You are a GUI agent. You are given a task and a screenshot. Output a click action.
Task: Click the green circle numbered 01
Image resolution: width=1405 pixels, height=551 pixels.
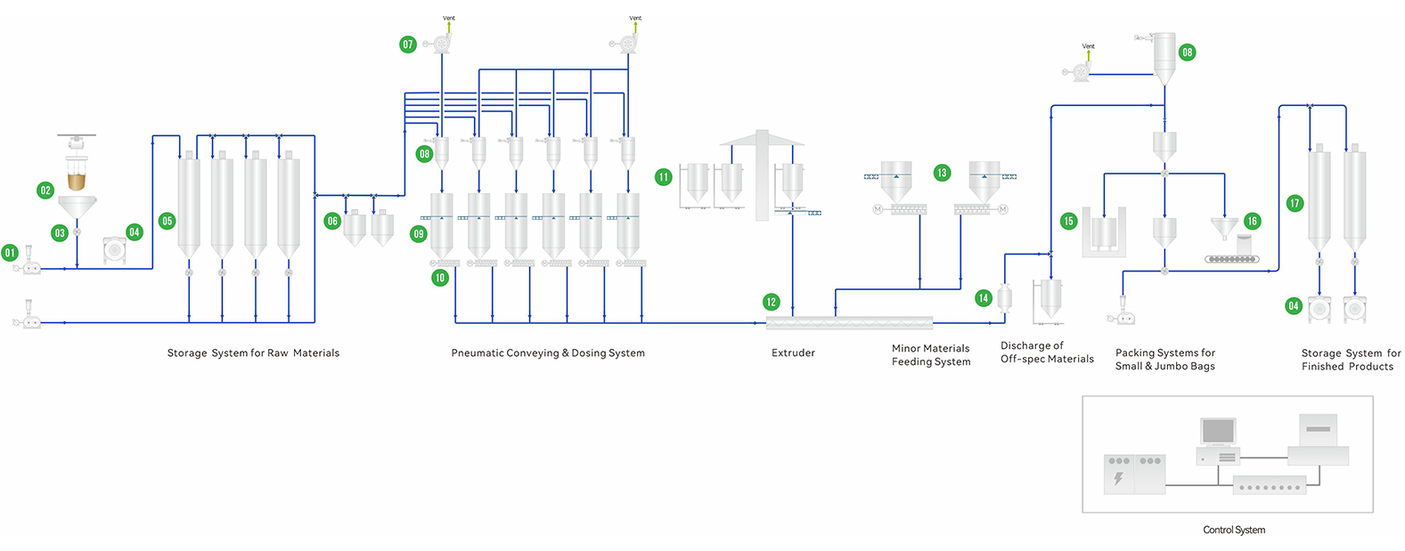pos(10,253)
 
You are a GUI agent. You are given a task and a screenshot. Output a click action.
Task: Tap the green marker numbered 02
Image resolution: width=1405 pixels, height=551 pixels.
pos(45,190)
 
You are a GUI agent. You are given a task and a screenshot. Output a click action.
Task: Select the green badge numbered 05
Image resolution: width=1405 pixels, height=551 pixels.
pos(167,221)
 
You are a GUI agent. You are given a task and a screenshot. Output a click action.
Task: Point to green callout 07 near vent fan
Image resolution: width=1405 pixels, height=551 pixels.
pos(408,44)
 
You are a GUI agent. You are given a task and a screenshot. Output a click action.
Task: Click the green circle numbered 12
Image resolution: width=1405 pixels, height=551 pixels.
pos(772,302)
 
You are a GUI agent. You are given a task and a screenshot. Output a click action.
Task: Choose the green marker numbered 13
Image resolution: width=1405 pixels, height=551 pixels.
pos(942,173)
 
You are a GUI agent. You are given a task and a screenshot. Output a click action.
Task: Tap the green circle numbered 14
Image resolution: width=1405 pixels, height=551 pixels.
pos(983,298)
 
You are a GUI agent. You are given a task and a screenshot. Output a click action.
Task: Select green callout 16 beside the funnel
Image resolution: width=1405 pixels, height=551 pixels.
pos(1252,221)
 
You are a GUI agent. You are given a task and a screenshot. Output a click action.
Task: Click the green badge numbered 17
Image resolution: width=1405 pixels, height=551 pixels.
pos(1295,203)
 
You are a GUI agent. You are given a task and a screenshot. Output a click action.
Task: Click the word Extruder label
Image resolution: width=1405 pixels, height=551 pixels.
pos(793,353)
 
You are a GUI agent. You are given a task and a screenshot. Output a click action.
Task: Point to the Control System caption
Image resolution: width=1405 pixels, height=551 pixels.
pos(1233,530)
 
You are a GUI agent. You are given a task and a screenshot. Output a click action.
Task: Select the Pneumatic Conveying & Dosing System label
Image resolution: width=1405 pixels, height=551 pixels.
pos(547,353)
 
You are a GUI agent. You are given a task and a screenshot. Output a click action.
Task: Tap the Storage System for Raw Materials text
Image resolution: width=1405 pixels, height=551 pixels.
pos(253,353)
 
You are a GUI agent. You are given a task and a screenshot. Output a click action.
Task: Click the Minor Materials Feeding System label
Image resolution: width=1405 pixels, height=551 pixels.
pos(931,355)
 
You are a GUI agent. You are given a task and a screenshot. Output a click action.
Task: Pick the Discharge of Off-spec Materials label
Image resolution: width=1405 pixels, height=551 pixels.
pos(1047,352)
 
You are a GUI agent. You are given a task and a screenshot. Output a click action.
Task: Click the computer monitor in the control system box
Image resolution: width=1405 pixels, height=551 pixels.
pos(1218,432)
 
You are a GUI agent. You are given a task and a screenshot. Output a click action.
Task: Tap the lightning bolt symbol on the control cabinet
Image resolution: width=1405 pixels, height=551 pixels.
pos(1118,479)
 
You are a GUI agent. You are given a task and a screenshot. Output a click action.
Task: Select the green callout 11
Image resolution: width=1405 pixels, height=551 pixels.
pos(663,177)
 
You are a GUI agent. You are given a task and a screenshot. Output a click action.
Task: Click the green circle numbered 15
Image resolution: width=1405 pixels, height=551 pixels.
pos(1068,221)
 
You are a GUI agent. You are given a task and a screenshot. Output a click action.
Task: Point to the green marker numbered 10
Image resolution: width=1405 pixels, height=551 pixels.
pos(439,278)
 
